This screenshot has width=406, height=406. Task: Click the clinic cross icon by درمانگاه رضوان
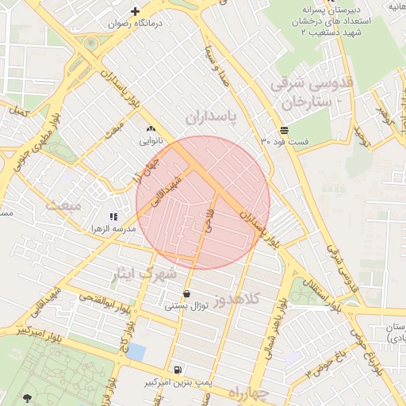[x=136, y=11]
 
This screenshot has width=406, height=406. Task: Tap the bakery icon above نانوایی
[x=151, y=128]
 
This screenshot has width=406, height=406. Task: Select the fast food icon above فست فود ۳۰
[x=284, y=129]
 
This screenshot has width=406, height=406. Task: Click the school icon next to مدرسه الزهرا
[x=114, y=216]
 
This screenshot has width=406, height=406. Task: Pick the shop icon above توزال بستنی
[x=186, y=293]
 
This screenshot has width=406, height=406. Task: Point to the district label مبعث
[x=63, y=205]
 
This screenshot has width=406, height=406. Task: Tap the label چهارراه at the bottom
[x=249, y=393]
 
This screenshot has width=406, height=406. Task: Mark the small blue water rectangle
[x=136, y=351]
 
